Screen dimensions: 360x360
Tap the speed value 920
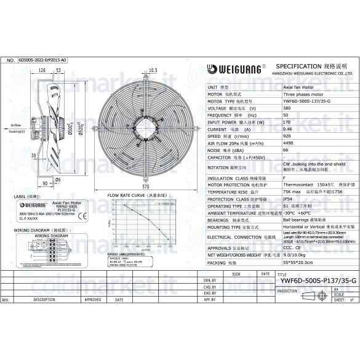pyautogui.click(x=287, y=136)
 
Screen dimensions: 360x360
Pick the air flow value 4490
pyautogui.click(x=288, y=143)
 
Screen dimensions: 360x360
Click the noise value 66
pyautogui.click(x=286, y=150)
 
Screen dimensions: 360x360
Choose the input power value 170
pyautogui.click(x=287, y=122)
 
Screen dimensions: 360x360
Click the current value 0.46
pyautogui.click(x=287, y=129)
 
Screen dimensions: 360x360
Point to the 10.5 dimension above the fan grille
pyautogui.click(x=153, y=70)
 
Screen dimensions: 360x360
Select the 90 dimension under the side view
pyautogui.click(x=45, y=183)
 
